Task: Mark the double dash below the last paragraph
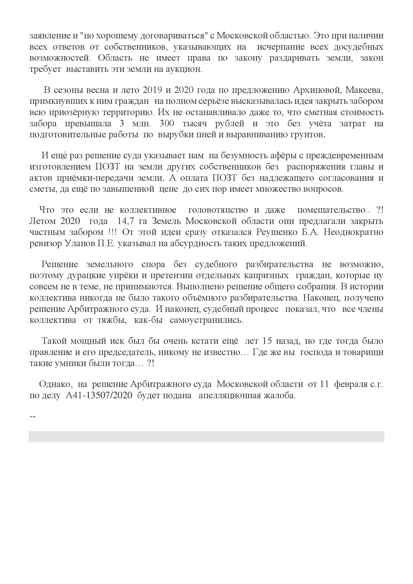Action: (32, 417)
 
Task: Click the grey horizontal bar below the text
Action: (206, 436)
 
